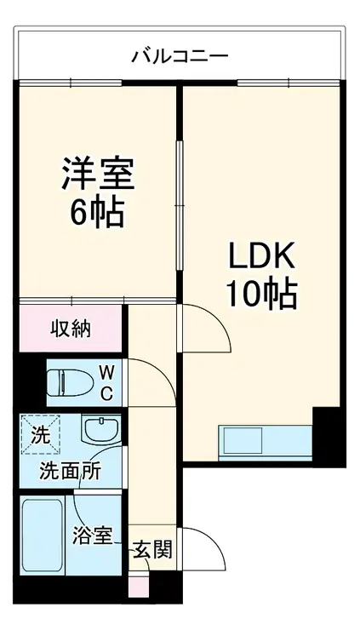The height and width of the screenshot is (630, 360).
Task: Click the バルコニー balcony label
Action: coord(180,56)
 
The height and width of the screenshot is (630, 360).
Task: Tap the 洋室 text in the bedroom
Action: coord(96,175)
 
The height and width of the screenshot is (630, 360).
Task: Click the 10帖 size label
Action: coord(260,294)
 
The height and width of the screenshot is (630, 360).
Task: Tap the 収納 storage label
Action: coord(71,327)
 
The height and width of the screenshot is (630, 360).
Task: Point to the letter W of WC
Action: coord(108,371)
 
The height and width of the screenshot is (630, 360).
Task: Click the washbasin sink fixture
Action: coord(100,430)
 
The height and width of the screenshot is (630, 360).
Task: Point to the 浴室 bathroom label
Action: coord(93,537)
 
